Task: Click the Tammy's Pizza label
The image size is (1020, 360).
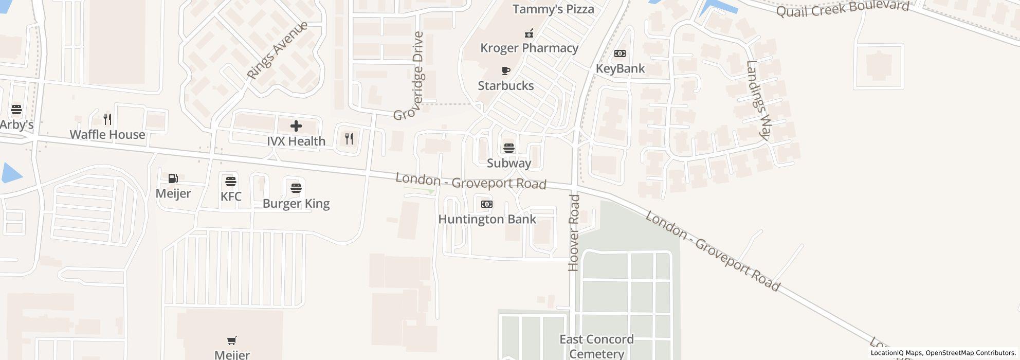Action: click(x=553, y=9)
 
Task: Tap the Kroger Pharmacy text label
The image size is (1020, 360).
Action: click(x=529, y=48)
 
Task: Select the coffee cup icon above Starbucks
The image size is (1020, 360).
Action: click(x=505, y=70)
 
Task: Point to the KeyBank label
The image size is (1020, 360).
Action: click(x=620, y=68)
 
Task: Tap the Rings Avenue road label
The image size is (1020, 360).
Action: click(x=277, y=50)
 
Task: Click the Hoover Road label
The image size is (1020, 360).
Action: click(x=574, y=232)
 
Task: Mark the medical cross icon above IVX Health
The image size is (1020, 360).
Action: click(x=296, y=126)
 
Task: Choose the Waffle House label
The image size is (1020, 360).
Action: click(x=107, y=135)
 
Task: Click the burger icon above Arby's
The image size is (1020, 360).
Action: click(x=16, y=110)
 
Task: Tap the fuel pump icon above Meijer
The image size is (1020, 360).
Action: click(x=173, y=178)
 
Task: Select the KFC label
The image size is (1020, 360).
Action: click(x=231, y=196)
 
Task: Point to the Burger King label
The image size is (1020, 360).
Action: click(x=296, y=204)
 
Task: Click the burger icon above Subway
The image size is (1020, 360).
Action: click(x=509, y=148)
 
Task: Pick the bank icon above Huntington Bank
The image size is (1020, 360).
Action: click(x=486, y=204)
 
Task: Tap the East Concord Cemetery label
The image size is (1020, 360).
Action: click(x=596, y=346)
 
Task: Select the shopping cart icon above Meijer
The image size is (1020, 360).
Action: click(x=232, y=340)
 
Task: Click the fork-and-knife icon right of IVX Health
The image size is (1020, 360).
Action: click(x=349, y=138)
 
